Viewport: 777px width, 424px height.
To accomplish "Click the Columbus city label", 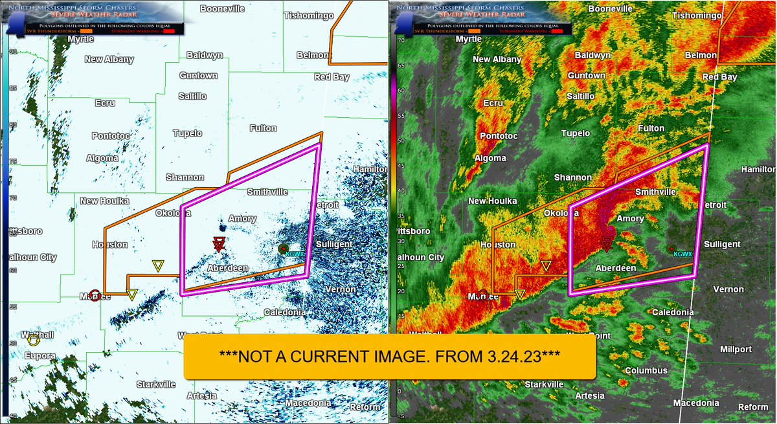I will [646, 370].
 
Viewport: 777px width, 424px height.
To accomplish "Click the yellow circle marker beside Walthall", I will [33, 340].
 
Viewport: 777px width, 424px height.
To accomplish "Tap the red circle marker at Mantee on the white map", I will [95, 296].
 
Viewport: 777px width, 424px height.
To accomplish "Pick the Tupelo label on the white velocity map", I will [187, 133].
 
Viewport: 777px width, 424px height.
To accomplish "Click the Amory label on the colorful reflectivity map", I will [630, 219].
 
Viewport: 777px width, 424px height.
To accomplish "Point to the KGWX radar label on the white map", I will [294, 254].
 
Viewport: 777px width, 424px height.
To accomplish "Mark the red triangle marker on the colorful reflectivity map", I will [607, 243].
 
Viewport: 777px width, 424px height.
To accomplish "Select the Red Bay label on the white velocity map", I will [332, 77].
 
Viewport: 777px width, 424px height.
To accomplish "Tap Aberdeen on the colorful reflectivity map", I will [616, 268].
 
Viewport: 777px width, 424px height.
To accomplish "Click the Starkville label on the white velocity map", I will [155, 384].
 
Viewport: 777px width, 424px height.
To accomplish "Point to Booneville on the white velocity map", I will [222, 8].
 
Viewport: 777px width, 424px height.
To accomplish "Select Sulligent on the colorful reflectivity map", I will [721, 244].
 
